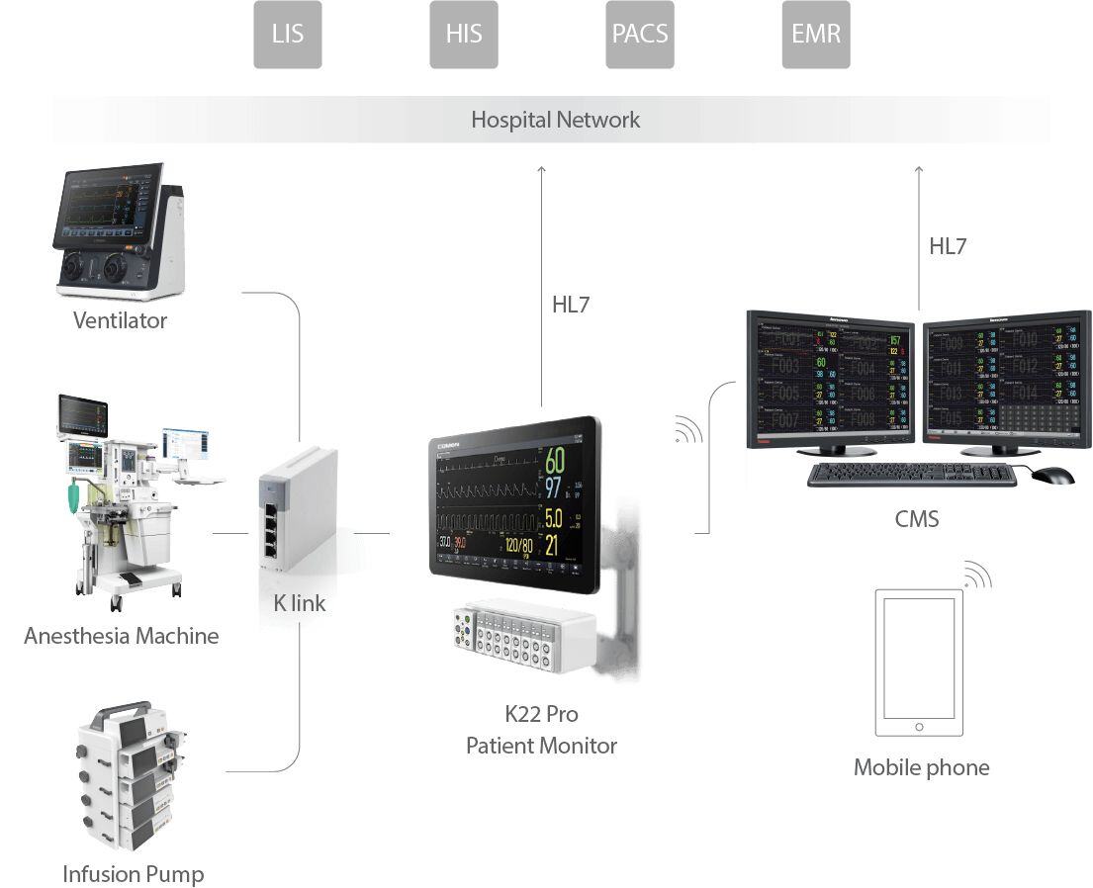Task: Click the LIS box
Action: click(287, 35)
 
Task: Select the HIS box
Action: click(463, 35)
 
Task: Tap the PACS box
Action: click(639, 35)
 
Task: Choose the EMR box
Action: click(815, 35)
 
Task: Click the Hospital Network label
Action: click(555, 121)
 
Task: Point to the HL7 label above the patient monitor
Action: click(571, 306)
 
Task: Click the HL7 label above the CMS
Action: click(947, 247)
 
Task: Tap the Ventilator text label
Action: click(120, 320)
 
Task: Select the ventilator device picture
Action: click(119, 232)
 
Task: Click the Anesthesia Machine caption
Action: click(121, 636)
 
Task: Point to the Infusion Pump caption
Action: click(133, 874)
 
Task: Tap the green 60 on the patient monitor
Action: click(555, 461)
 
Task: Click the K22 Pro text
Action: click(541, 714)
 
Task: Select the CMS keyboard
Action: click(911, 475)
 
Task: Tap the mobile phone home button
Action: click(919, 727)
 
